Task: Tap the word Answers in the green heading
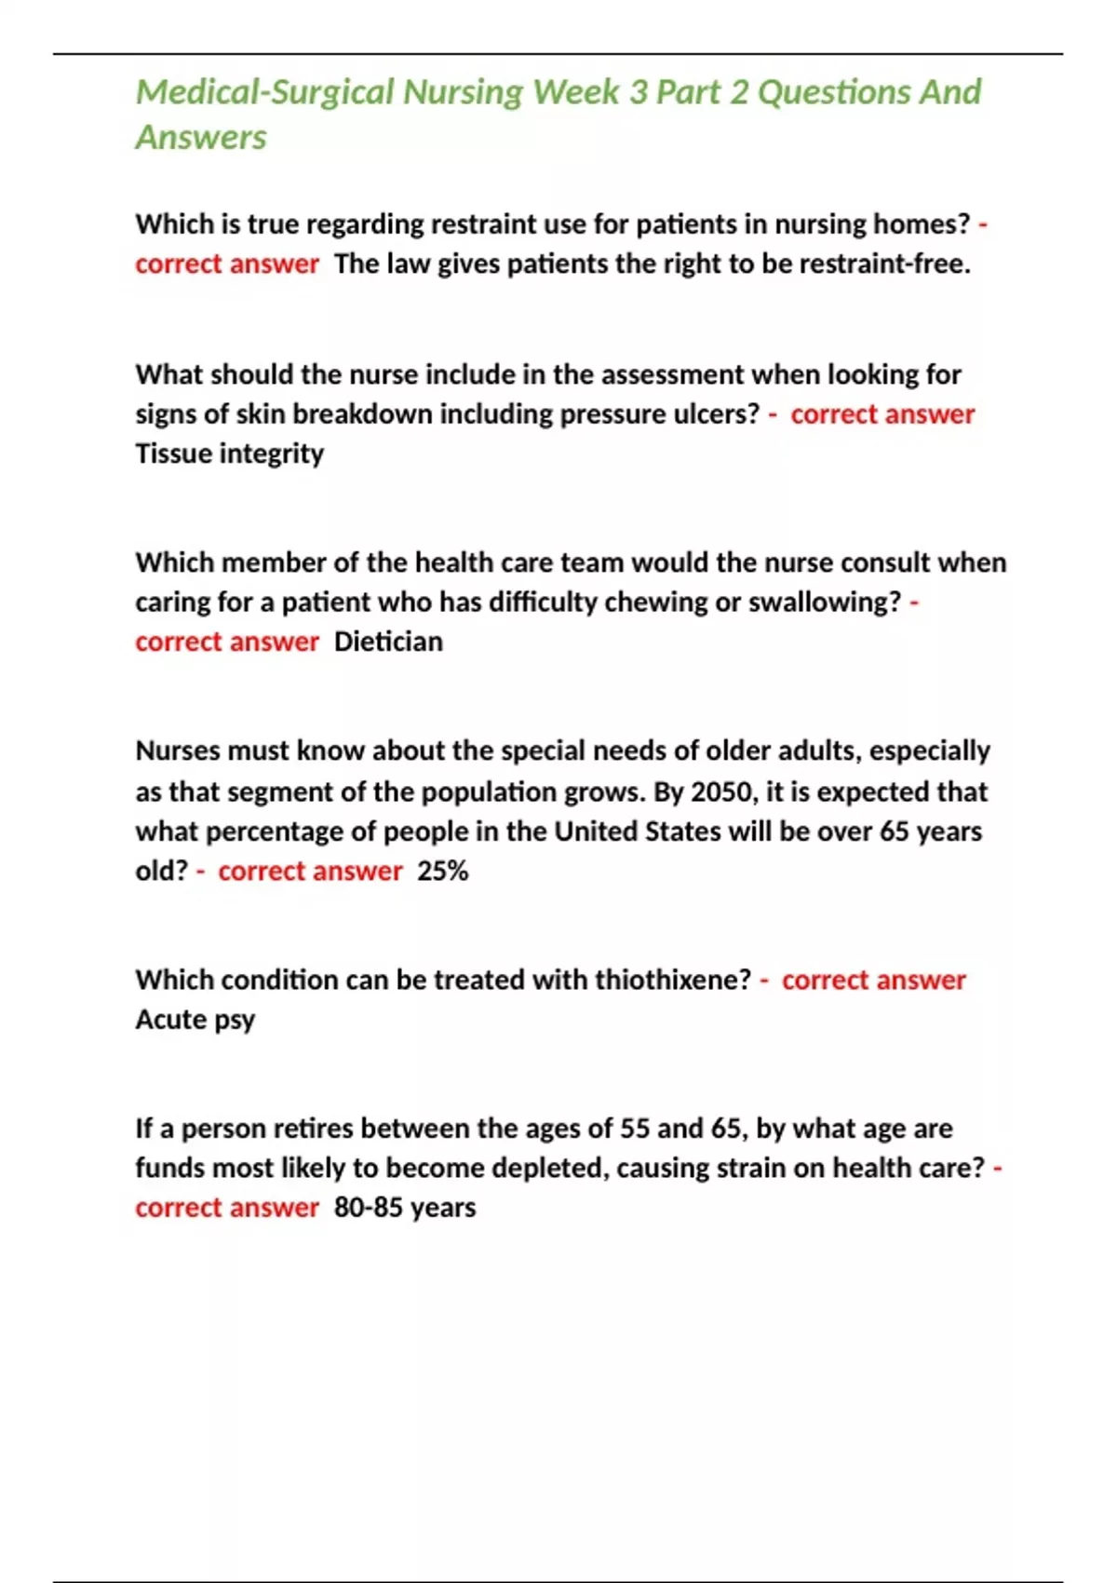(201, 138)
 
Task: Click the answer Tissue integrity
(230, 453)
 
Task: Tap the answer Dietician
(388, 642)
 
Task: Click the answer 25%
(442, 872)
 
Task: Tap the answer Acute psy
(195, 1020)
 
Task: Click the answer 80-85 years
(405, 1208)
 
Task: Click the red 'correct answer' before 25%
(310, 872)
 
